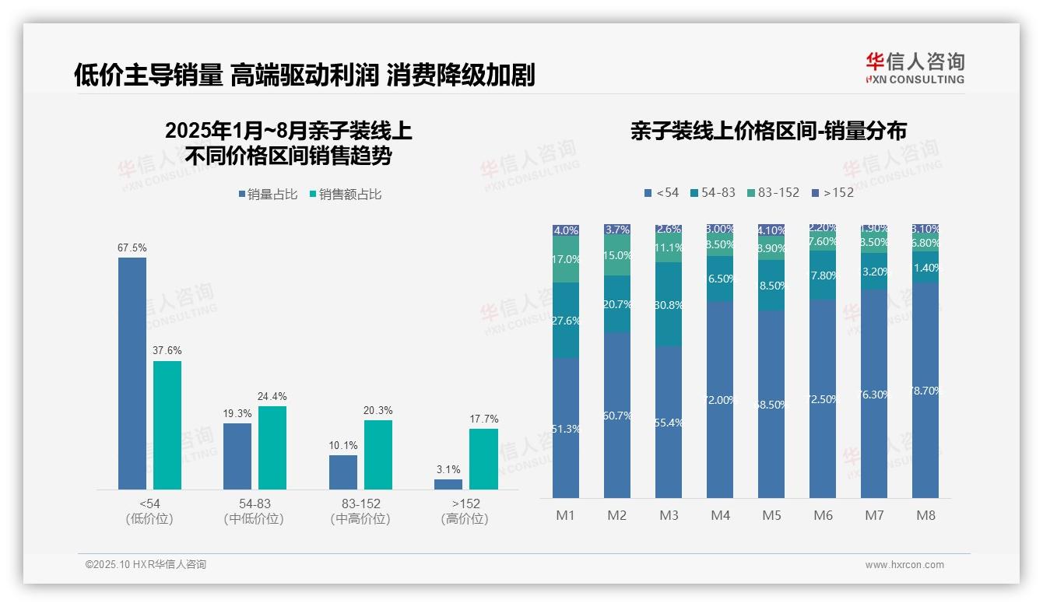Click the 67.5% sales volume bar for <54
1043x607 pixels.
tap(132, 374)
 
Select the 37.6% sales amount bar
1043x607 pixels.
tap(167, 425)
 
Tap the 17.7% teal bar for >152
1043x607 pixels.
tap(483, 459)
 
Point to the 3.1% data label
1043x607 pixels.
tap(448, 470)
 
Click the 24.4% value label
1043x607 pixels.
tap(272, 397)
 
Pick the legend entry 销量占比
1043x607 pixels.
tap(268, 195)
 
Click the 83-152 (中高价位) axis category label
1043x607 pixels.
tap(360, 511)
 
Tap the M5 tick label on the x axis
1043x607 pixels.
tap(771, 515)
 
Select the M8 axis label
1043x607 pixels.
tap(925, 515)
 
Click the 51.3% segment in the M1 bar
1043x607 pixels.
tap(566, 428)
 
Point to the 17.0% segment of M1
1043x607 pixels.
tap(566, 260)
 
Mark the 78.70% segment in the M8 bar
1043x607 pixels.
tap(925, 391)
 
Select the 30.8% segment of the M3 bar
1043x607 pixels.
tap(669, 305)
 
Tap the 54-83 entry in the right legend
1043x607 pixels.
tap(713, 192)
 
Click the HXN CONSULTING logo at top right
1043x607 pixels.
tap(915, 68)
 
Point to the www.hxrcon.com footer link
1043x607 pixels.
tap(904, 565)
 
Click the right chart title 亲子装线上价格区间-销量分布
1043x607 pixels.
tap(768, 131)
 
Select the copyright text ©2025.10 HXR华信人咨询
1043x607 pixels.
tap(146, 565)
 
